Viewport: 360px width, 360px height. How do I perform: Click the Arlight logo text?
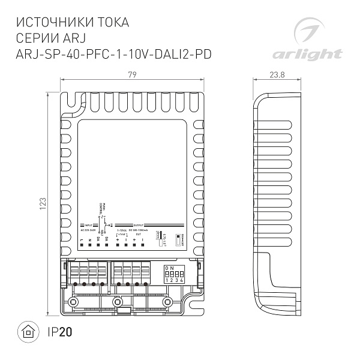(x=307, y=55)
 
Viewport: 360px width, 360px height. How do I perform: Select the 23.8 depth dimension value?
(x=277, y=74)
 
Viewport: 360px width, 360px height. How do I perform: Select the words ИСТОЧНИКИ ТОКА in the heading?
(x=72, y=23)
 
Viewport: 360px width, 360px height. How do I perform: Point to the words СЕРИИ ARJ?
(x=53, y=39)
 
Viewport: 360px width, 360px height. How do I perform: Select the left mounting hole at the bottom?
(x=73, y=301)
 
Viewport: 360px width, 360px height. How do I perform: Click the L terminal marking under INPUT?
(x=81, y=240)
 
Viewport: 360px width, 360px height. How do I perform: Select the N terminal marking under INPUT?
(x=89, y=240)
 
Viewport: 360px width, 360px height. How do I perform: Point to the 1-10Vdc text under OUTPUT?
(x=121, y=230)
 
